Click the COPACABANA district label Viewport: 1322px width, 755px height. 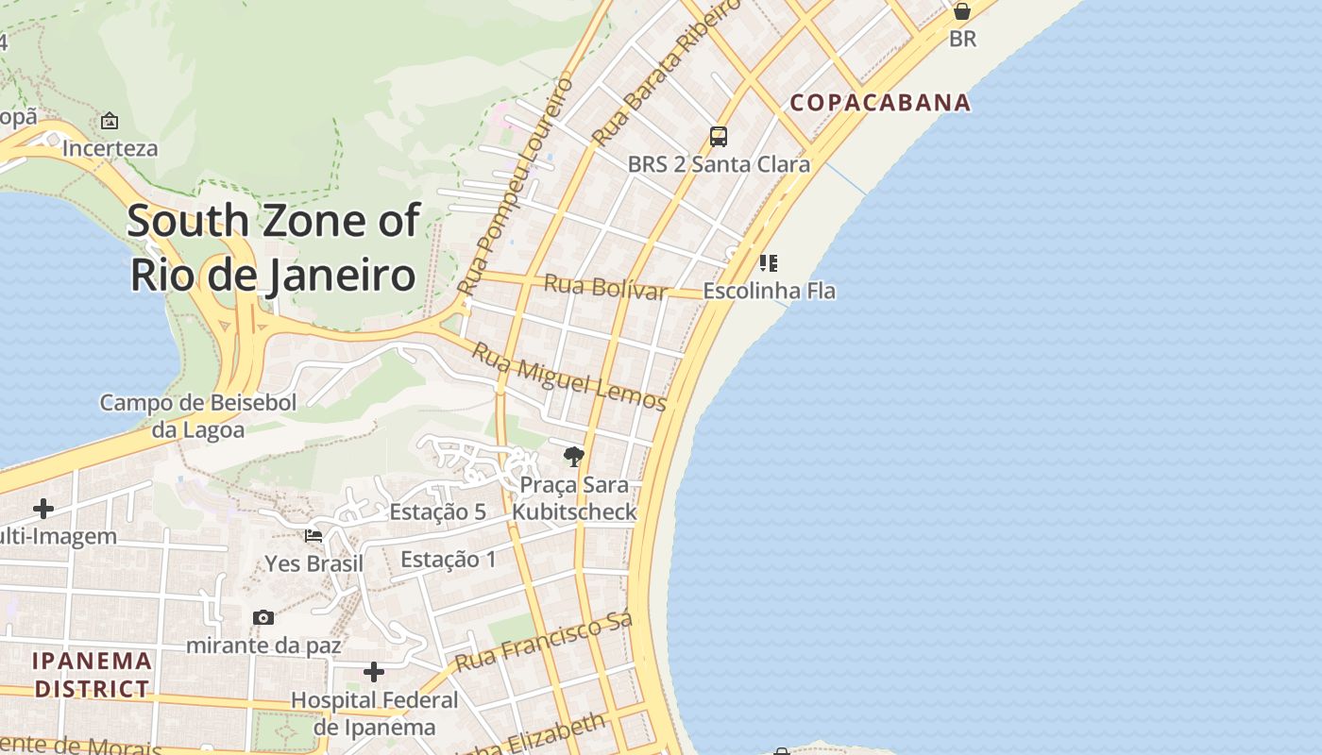[x=880, y=102]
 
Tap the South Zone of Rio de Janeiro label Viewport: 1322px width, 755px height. [x=273, y=247]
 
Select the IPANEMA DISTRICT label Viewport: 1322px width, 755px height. [x=92, y=674]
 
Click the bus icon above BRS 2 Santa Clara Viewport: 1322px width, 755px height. [x=719, y=137]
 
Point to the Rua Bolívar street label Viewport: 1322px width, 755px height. [x=605, y=286]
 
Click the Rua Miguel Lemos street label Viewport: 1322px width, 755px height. [x=568, y=377]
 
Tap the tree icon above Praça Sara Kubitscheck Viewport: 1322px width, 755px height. [x=573, y=458]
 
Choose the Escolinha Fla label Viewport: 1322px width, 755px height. [x=769, y=291]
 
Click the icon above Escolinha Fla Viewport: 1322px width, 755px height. [x=769, y=262]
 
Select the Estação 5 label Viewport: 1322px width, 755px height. [x=437, y=512]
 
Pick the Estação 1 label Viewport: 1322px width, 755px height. [x=448, y=560]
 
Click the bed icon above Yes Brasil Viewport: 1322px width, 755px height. [x=314, y=536]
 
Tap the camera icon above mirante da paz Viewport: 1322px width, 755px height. [x=263, y=618]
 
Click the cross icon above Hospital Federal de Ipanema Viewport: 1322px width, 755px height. [x=374, y=672]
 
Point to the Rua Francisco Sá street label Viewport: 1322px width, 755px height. [x=543, y=642]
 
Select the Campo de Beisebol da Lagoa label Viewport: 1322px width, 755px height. [x=198, y=416]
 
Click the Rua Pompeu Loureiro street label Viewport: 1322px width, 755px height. [x=515, y=185]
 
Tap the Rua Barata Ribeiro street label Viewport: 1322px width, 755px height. [x=653, y=74]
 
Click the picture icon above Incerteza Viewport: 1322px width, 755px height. [x=110, y=121]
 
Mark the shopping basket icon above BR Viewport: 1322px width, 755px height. [x=962, y=11]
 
